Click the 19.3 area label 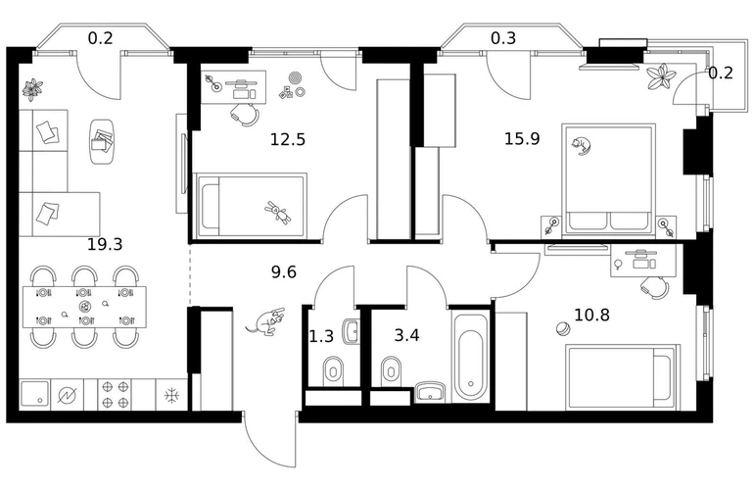105,245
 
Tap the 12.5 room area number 288,139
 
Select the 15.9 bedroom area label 522,138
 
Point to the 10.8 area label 592,316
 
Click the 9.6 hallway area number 284,272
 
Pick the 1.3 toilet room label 321,336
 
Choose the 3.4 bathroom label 406,335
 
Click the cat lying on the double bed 581,146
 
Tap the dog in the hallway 265,321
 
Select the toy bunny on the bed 278,213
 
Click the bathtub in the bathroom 471,356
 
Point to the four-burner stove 115,394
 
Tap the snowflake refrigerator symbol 171,396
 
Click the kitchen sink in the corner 34,395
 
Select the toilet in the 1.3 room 333,370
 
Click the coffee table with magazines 102,141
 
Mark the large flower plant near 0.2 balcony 660,76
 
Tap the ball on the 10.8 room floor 562,329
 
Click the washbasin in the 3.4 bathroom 431,391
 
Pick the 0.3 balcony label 503,38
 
